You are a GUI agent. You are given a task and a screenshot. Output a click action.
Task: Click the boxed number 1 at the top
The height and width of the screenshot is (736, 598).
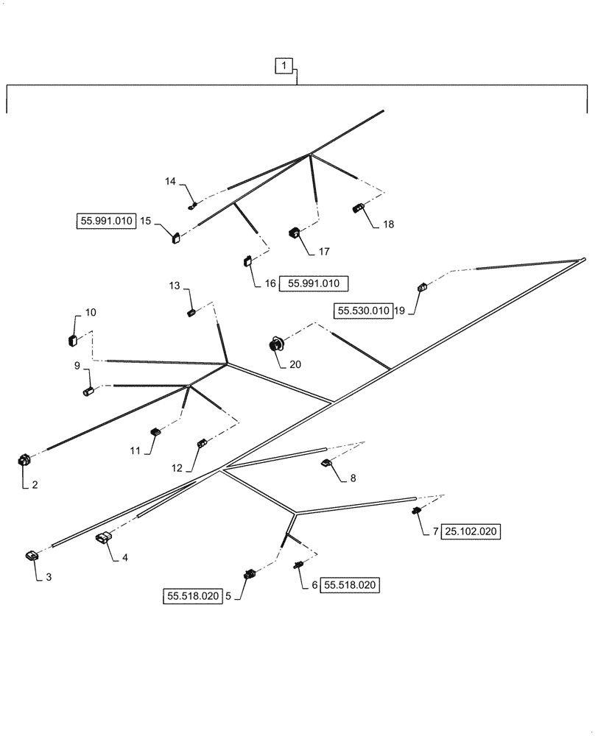click(284, 66)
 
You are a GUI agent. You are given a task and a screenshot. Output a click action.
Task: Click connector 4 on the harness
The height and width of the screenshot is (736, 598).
click(103, 540)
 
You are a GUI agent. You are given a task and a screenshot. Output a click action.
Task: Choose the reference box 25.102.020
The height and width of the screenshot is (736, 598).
click(471, 531)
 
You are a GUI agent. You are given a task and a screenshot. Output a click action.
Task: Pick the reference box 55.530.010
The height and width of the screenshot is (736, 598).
click(362, 311)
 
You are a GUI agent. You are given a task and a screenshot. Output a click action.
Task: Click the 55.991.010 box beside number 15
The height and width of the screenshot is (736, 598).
click(107, 221)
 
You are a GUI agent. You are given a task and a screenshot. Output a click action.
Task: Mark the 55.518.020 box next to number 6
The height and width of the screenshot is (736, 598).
click(351, 585)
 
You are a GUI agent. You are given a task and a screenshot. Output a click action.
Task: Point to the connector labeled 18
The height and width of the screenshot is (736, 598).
click(359, 208)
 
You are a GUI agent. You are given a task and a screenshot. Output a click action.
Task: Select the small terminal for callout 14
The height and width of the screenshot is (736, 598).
click(192, 205)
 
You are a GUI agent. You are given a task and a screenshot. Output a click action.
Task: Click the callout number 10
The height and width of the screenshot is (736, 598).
click(91, 313)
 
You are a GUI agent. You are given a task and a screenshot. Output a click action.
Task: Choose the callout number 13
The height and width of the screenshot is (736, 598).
click(174, 285)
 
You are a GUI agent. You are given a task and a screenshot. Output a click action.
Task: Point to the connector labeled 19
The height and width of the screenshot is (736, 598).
click(422, 288)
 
